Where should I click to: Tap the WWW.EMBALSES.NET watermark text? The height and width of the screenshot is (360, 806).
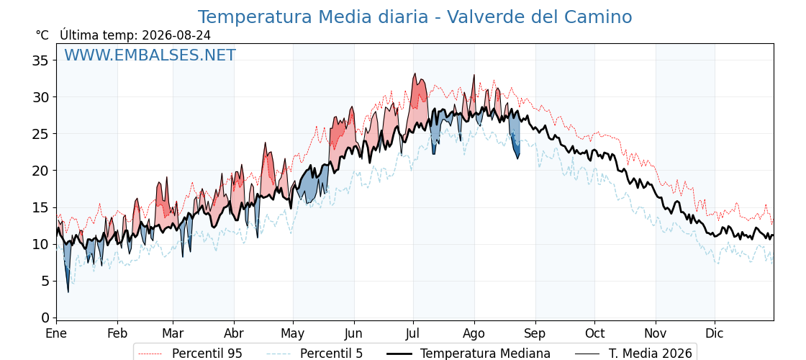tap(150, 55)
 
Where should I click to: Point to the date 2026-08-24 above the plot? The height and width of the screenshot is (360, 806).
tap(176, 35)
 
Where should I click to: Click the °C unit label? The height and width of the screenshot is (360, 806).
tap(42, 35)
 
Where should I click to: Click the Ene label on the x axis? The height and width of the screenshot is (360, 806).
tap(57, 333)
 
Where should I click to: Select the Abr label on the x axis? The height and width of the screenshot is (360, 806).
tap(234, 333)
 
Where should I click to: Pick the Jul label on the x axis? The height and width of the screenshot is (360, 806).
tap(413, 333)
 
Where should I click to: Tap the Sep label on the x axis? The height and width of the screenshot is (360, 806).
tap(535, 333)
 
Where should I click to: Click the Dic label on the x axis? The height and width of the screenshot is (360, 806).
tap(715, 333)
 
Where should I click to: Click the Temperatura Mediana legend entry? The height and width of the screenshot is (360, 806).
tap(468, 354)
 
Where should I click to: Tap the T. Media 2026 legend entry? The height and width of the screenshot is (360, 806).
tap(633, 354)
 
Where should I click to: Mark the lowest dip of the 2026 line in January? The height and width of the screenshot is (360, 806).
tap(68, 292)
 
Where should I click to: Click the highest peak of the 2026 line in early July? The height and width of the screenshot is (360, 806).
tap(415, 73)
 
